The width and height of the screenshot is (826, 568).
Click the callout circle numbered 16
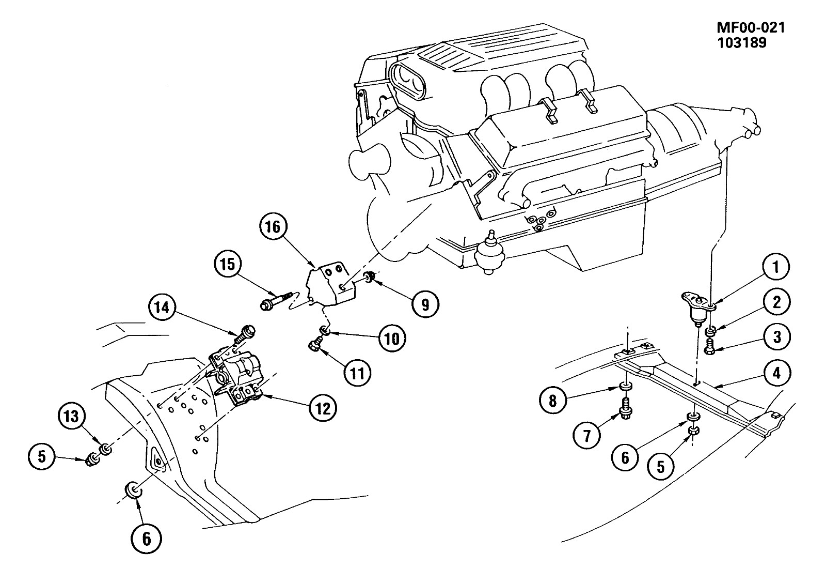coord(273,227)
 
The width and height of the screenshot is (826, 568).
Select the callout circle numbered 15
coord(228,264)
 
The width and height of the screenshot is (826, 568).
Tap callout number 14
coord(163,308)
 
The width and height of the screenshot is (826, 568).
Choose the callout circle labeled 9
coord(425,304)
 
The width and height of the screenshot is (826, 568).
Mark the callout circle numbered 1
coord(775,267)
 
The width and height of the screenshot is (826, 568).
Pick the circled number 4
coord(776,373)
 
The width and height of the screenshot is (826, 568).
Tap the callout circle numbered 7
coord(586,436)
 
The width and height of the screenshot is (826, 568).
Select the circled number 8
coord(553,401)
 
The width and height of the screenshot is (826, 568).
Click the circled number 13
coord(72,417)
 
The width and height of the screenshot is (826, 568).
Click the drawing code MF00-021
coord(751,28)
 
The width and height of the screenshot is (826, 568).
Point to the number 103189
coord(742,43)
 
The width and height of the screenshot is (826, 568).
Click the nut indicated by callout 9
coord(369,276)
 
